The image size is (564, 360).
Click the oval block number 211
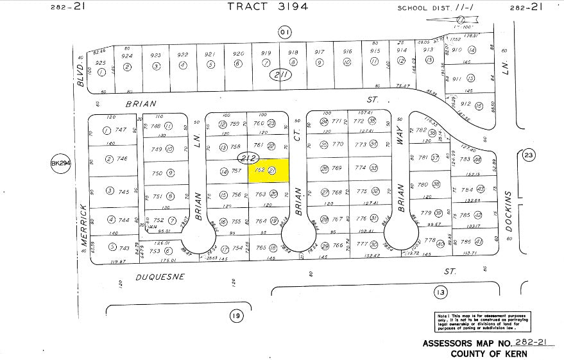click(x=280, y=76)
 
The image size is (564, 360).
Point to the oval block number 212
click(x=247, y=157)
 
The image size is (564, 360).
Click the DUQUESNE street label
click(x=160, y=277)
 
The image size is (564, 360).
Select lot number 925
click(x=100, y=63)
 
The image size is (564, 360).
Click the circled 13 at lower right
click(x=440, y=293)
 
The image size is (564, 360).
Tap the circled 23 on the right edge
click(x=529, y=155)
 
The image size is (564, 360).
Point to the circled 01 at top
click(x=284, y=30)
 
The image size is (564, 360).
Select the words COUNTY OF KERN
click(x=489, y=354)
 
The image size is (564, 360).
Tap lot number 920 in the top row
click(x=238, y=54)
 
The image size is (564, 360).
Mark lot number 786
click(x=466, y=242)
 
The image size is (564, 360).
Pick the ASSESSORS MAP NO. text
click(x=462, y=343)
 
